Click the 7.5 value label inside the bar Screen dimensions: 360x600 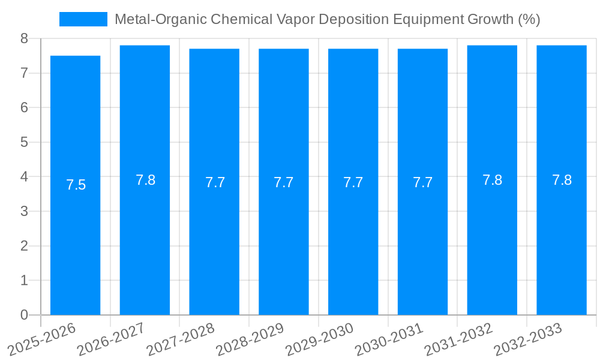[x=76, y=185]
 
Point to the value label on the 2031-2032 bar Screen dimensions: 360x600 [x=492, y=180]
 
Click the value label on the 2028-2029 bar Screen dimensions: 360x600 [x=284, y=182]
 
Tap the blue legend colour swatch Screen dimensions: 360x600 [x=83, y=19]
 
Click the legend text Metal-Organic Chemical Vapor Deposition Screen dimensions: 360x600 [x=327, y=19]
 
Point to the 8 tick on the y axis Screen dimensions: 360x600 [x=24, y=38]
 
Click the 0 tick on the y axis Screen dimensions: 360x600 [x=24, y=315]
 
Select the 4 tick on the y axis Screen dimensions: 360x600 [x=24, y=177]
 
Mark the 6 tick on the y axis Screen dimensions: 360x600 [x=24, y=107]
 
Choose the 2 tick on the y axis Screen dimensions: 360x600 [x=24, y=246]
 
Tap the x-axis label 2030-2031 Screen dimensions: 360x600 [x=389, y=338]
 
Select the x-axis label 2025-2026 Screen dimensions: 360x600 [x=42, y=338]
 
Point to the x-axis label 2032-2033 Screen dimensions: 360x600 [x=529, y=338]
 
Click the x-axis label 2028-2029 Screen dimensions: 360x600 [x=250, y=338]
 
